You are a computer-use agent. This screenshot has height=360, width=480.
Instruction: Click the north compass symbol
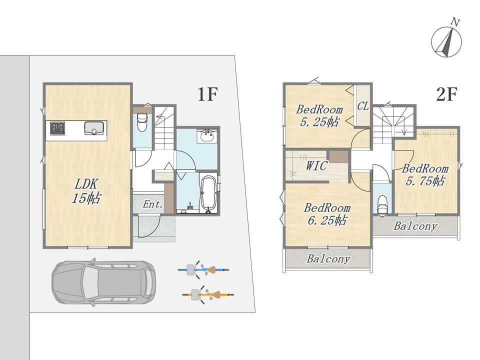(446, 40)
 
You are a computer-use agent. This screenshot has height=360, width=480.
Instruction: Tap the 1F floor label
(207, 94)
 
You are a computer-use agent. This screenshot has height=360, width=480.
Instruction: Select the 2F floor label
(446, 94)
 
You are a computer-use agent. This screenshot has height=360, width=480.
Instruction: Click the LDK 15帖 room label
(86, 191)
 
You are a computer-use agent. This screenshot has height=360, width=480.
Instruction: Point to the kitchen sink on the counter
(93, 128)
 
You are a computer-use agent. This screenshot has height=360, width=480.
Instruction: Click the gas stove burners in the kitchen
(57, 127)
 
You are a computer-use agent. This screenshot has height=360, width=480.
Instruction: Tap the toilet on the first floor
(142, 122)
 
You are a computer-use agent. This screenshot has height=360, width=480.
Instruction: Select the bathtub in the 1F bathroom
(208, 193)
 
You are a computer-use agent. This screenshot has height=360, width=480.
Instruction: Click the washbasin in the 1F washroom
(207, 136)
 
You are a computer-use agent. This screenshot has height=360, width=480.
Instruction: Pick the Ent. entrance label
(153, 204)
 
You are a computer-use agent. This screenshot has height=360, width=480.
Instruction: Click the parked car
(104, 281)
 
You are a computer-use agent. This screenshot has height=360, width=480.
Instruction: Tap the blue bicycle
(203, 270)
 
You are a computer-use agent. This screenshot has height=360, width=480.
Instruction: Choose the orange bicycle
(208, 295)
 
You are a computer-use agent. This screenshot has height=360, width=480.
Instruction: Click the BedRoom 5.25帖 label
(319, 115)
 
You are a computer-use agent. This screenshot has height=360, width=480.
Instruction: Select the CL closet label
(363, 106)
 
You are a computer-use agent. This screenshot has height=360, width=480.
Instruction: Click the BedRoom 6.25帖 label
(327, 214)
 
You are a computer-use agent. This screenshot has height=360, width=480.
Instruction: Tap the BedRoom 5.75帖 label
(425, 175)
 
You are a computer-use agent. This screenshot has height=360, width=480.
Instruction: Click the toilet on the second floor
(382, 204)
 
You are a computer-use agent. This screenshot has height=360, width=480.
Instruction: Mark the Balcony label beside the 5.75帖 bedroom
(415, 226)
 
